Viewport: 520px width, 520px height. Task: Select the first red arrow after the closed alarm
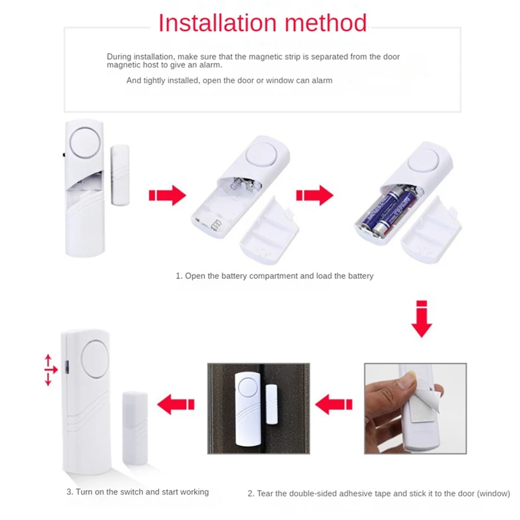click(167, 196)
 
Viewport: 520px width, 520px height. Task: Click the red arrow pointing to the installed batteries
click(314, 196)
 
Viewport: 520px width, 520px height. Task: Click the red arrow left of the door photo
click(177, 403)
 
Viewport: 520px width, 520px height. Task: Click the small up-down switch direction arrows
click(48, 370)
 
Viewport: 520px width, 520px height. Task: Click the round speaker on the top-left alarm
click(84, 142)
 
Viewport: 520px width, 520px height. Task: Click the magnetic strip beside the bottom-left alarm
click(135, 426)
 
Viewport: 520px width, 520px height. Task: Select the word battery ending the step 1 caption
click(360, 276)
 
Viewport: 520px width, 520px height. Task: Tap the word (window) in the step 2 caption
click(493, 494)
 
